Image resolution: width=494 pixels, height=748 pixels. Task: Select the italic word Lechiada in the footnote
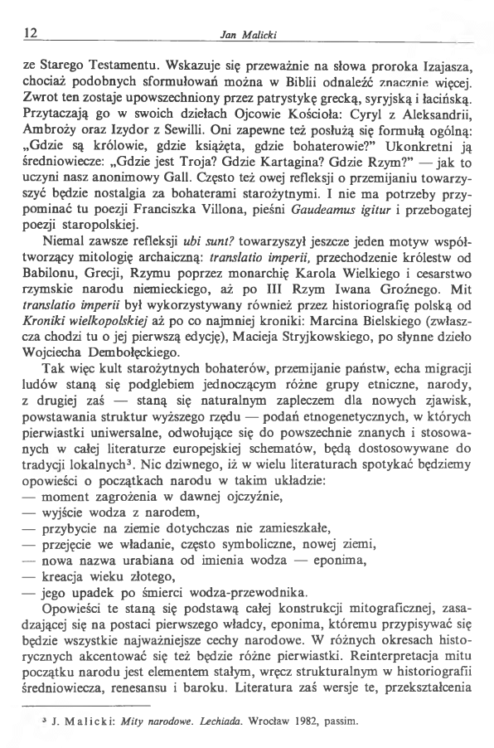223,720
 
